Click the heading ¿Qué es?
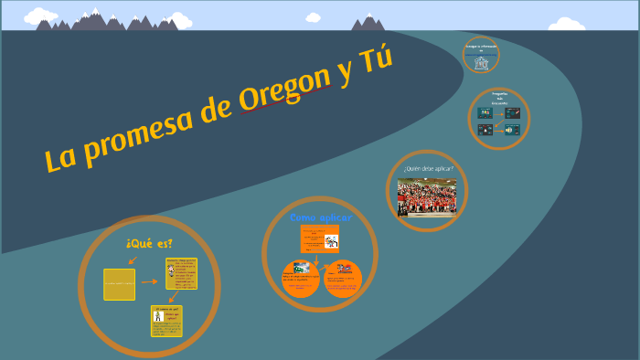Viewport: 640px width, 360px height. click(x=150, y=243)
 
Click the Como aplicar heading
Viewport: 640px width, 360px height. click(x=321, y=217)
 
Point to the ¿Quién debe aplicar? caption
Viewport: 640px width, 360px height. click(x=427, y=168)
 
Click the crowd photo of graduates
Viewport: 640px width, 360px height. click(x=427, y=196)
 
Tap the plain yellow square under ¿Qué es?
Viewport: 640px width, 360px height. click(x=119, y=284)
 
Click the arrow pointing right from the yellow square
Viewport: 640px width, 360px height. click(x=149, y=282)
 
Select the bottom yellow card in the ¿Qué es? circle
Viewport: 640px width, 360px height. click(x=167, y=321)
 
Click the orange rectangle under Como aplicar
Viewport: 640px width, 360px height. click(x=320, y=240)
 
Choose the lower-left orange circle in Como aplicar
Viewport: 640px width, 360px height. click(x=301, y=279)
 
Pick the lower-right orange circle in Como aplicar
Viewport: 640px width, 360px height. click(x=344, y=279)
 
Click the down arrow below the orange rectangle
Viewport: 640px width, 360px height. click(x=316, y=258)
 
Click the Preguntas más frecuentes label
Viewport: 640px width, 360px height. click(x=499, y=99)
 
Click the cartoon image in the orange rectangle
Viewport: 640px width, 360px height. click(x=331, y=242)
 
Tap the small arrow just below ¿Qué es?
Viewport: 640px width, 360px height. click(x=133, y=260)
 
